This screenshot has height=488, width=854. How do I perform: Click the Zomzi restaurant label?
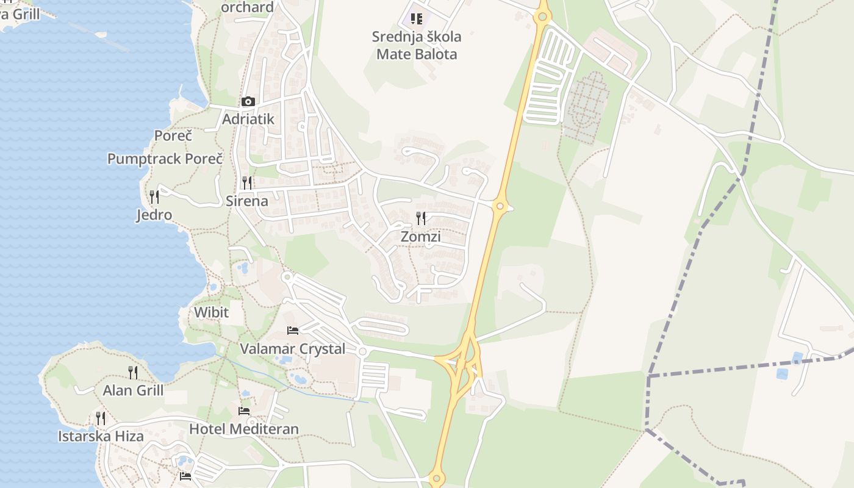coord(420,237)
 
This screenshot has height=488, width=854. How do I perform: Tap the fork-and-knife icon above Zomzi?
coord(420,218)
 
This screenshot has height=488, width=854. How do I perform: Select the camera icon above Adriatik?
coord(248,102)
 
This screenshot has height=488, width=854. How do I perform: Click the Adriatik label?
coord(248,119)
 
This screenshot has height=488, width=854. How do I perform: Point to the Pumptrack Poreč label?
coord(165,159)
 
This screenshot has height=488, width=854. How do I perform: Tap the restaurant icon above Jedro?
coord(154,196)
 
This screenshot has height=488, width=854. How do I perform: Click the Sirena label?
coord(247,201)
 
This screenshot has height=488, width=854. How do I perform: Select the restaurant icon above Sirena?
coord(247,182)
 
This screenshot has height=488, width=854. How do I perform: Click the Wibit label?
coord(211,312)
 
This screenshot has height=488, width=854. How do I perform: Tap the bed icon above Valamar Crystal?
coord(293,331)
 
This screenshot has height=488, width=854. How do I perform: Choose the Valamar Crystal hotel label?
coord(293,349)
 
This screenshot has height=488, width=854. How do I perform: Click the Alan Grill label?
coord(133,390)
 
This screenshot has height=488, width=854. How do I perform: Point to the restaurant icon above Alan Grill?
coord(133,372)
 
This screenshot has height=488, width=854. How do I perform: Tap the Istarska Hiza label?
coord(101,436)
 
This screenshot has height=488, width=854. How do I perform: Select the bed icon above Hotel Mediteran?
coord(244,411)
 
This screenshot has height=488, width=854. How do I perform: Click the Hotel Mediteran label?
coord(244,429)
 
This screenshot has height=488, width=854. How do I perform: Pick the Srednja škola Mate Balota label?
coord(417,45)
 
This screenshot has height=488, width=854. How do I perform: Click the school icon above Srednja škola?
coord(417,19)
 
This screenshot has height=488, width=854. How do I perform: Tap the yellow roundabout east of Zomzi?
coord(500,206)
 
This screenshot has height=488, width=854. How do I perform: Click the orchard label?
coord(247,7)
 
